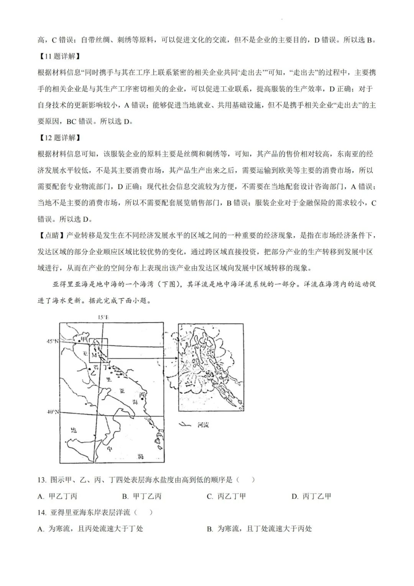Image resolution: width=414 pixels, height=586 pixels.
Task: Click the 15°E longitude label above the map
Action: [103, 317]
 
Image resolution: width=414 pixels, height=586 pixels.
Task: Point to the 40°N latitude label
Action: [52, 412]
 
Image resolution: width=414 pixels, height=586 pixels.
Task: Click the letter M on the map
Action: [94, 355]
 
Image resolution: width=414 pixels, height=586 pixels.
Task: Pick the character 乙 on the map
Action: [92, 372]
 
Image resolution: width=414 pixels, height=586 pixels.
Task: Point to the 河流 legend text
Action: [203, 425]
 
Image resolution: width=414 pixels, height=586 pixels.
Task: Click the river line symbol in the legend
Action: [186, 424]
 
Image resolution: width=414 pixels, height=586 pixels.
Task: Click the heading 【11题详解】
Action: [59, 56]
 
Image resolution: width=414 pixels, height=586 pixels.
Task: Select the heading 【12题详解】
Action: [59, 138]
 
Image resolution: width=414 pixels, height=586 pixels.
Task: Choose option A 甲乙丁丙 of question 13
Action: [58, 496]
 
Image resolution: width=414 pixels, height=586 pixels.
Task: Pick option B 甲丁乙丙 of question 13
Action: [142, 496]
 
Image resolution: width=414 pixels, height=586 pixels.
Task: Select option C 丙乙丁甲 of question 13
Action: [226, 496]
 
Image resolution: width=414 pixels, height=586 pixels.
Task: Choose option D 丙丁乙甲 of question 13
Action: [311, 496]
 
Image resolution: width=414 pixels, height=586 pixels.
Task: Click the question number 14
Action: [42, 512]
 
